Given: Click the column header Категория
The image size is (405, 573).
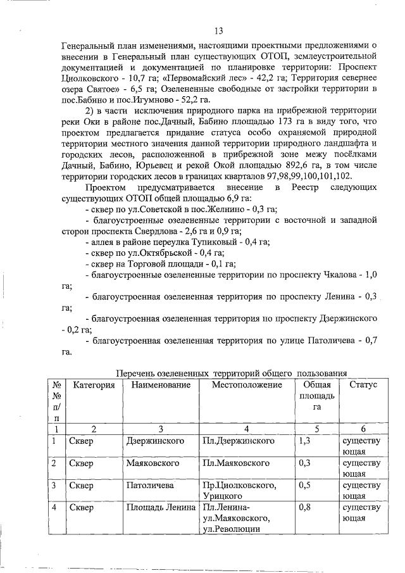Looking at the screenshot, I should [94, 385].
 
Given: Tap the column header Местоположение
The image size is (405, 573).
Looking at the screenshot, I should [247, 385].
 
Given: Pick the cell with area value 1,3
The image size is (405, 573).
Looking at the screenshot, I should [305, 440].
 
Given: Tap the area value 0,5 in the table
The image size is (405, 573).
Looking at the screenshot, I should [305, 486].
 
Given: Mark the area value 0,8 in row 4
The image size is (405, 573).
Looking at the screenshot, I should [305, 508].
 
